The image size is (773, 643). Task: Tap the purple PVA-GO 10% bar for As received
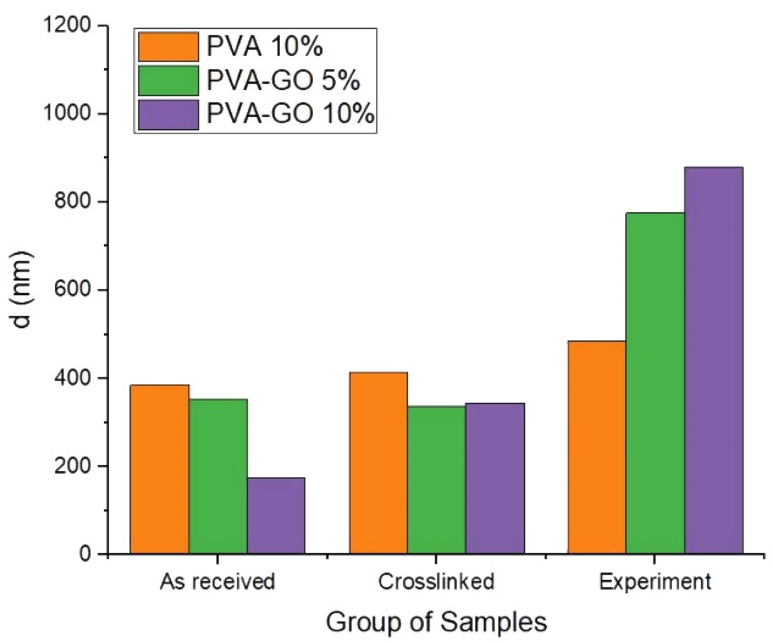tap(276, 516)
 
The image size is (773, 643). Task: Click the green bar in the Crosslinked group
tap(437, 480)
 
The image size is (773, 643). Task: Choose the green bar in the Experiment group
tap(655, 383)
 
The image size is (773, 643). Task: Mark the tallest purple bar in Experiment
tap(713, 360)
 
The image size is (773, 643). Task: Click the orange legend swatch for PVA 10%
tap(168, 47)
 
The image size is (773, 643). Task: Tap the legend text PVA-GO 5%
tap(283, 81)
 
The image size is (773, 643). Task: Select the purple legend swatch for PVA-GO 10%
tap(168, 115)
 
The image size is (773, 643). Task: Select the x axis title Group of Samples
tap(437, 622)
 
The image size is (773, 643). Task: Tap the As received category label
tap(218, 582)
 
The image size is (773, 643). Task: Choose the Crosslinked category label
tap(437, 582)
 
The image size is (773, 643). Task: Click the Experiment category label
tap(655, 582)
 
